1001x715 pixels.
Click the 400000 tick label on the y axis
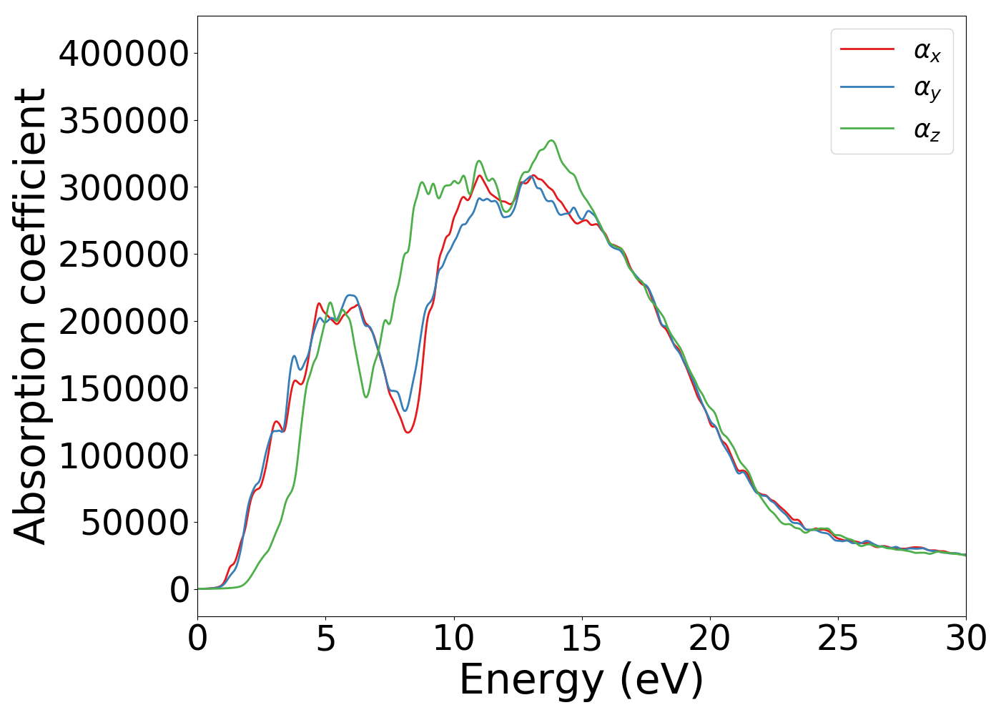tap(123, 54)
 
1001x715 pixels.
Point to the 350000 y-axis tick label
tap(123, 121)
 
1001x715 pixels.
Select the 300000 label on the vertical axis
tap(123, 188)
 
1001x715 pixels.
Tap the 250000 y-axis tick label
tap(123, 255)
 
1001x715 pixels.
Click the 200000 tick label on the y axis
tap(123, 322)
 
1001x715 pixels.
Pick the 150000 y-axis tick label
tap(123, 389)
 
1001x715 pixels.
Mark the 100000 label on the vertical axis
tap(123, 455)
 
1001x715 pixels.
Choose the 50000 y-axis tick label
tap(134, 523)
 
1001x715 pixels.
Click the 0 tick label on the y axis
tap(179, 590)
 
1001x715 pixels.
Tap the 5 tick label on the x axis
tap(325, 638)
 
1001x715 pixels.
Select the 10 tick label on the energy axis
tap(453, 638)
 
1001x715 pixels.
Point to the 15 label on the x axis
tap(581, 638)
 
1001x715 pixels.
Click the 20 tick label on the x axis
tap(709, 638)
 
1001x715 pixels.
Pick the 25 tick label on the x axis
tap(837, 638)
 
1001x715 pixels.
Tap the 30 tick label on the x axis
tap(965, 638)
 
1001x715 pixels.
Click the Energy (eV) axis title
tap(581, 680)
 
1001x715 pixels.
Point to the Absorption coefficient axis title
tap(30, 316)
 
